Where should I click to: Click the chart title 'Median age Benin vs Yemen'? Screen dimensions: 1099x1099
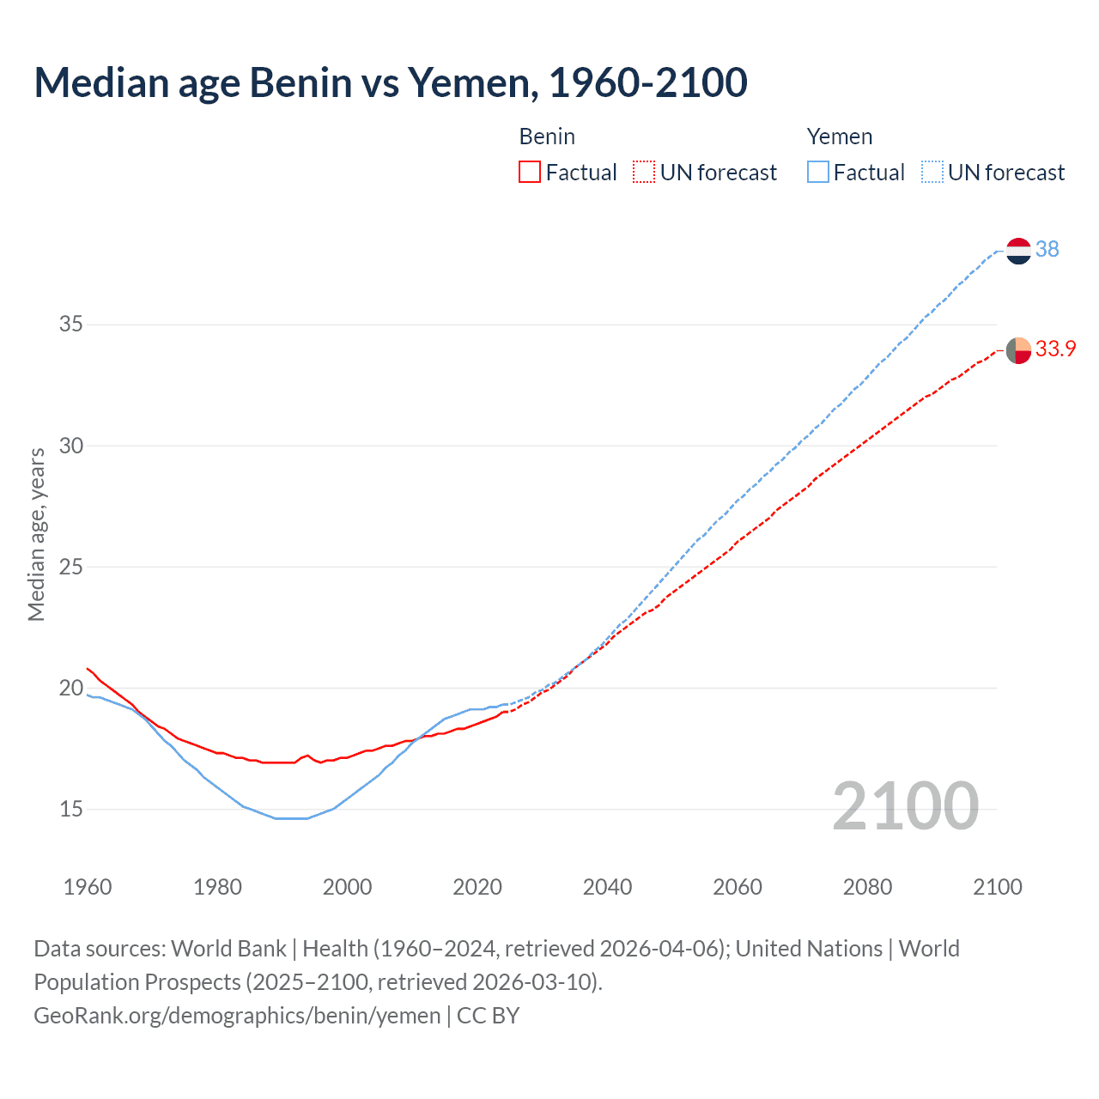coord(391,83)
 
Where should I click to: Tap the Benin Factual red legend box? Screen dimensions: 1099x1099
coord(530,173)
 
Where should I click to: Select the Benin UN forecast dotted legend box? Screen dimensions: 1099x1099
coord(644,173)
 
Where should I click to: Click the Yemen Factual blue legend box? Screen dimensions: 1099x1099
coord(817,173)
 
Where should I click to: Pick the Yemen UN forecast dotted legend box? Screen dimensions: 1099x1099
coord(932,173)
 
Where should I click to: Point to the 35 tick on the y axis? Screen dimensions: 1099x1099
coord(71,325)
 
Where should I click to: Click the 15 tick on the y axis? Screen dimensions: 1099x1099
coord(71,809)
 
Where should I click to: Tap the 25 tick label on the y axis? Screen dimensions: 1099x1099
coord(71,567)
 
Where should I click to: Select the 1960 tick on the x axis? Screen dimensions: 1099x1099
coord(88,887)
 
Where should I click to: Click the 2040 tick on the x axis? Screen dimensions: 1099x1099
coord(607,887)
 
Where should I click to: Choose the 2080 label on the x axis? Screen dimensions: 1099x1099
coord(867,887)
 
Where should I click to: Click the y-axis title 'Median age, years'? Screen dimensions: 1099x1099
coord(36,534)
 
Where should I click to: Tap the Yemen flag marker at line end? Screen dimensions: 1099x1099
coord(1018,251)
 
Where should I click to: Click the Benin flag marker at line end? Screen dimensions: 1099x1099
coord(1018,350)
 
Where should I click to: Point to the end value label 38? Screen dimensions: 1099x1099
coord(1047,249)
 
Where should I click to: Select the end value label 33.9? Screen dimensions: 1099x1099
coord(1055,349)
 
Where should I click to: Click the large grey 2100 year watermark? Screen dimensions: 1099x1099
coord(905,806)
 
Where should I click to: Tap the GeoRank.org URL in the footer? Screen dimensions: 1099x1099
coord(237,1016)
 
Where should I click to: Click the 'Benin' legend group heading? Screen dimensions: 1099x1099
coord(547,137)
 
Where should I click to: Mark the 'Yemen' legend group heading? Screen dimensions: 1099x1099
coord(840,137)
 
